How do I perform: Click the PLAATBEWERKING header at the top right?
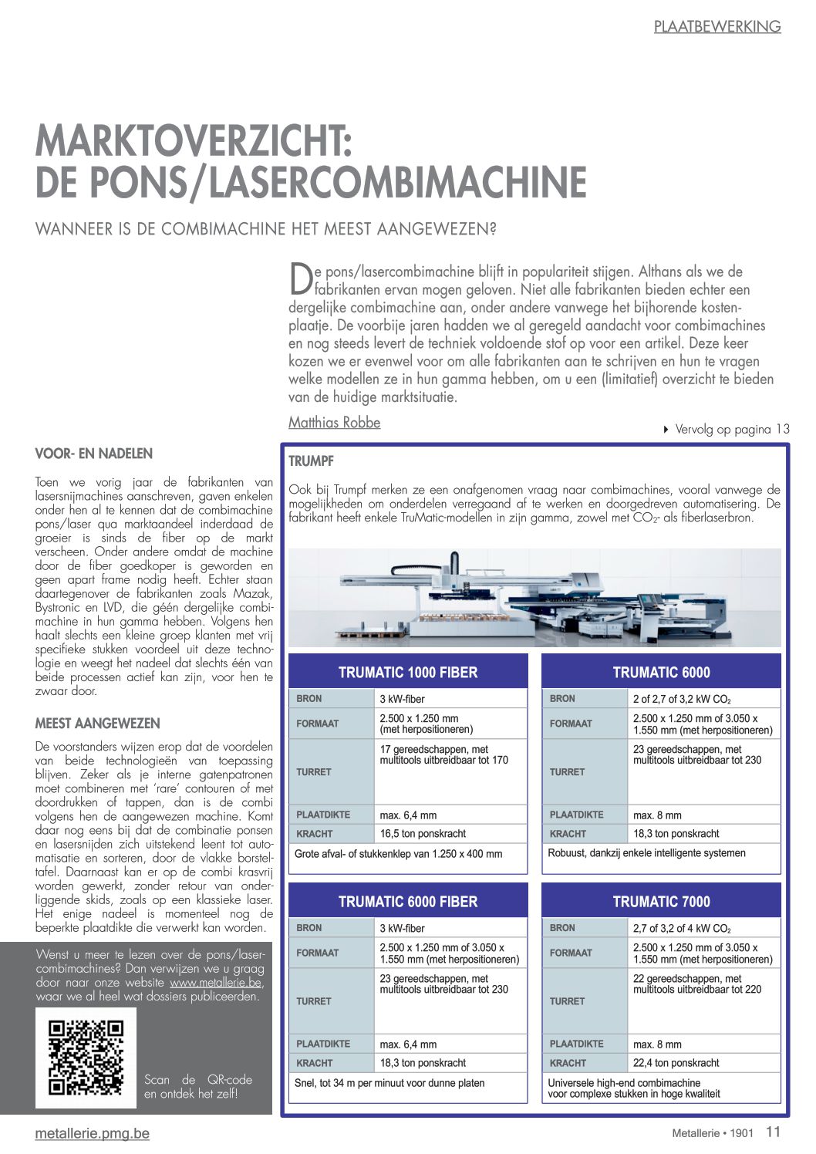tap(717, 27)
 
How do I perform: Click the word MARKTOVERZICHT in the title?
tap(194, 141)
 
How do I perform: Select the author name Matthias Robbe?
tap(334, 423)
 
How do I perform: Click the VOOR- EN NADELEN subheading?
tap(94, 454)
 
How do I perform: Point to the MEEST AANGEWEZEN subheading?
tap(98, 724)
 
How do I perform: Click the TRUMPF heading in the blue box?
tap(311, 461)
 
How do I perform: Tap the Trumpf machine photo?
tap(534, 598)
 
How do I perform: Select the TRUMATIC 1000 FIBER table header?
tap(408, 673)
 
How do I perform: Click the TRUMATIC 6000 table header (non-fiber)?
tap(661, 673)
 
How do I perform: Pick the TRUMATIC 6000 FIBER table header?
tap(408, 902)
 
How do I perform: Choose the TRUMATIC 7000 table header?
tap(661, 902)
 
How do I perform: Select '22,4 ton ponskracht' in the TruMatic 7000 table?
tap(676, 1063)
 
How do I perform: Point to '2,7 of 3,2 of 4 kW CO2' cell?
tap(682, 929)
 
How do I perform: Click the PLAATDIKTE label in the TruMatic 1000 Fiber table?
tap(323, 815)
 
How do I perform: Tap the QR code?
tap(86, 1058)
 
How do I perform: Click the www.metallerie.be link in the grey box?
tap(215, 983)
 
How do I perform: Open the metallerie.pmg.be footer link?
tap(93, 1134)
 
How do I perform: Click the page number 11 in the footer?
tap(773, 1132)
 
